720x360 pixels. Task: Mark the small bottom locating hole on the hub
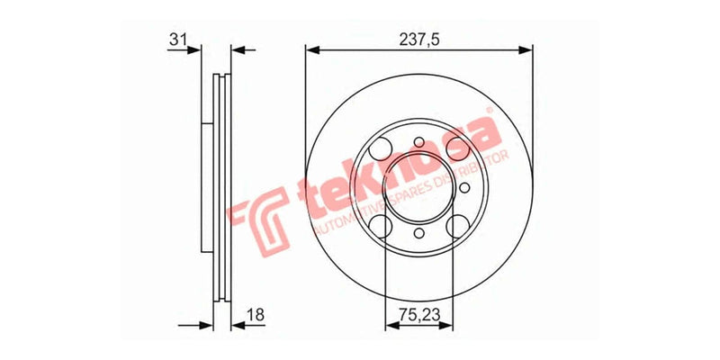click(419, 235)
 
